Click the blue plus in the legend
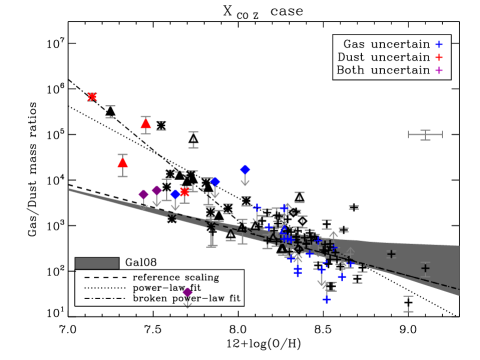[439, 45]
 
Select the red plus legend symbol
[439, 58]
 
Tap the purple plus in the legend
[439, 71]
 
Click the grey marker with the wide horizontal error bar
[425, 134]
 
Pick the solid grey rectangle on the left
[97, 264]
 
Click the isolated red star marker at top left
[92, 97]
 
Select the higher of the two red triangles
[146, 124]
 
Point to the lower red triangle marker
[123, 162]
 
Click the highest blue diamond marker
[245, 170]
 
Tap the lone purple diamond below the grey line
[187, 293]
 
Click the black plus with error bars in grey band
[425, 268]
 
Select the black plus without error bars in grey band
[391, 254]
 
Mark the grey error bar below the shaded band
[408, 303]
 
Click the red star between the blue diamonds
[184, 191]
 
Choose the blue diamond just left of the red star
[175, 194]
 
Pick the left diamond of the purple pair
[143, 195]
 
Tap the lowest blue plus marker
[326, 299]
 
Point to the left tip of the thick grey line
[69, 189]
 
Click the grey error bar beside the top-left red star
[110, 112]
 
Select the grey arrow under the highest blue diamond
[245, 182]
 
